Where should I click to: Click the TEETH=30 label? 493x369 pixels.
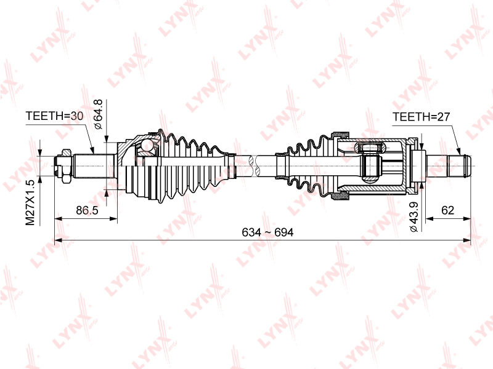(x=54, y=116)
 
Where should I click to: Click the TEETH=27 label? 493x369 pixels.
(x=422, y=117)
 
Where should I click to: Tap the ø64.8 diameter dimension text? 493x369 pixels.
(x=98, y=114)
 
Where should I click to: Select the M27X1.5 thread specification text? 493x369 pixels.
(x=30, y=202)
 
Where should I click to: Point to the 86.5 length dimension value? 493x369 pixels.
(x=87, y=210)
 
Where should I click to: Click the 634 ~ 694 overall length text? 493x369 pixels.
(x=267, y=232)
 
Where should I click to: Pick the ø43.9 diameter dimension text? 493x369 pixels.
(x=414, y=217)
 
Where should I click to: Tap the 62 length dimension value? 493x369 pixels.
(x=448, y=210)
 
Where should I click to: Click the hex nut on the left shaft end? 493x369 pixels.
(x=67, y=166)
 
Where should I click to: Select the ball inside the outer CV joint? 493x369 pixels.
(x=146, y=145)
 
